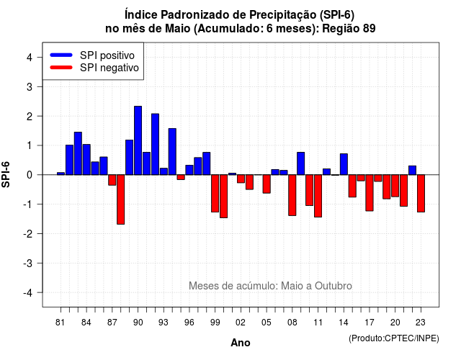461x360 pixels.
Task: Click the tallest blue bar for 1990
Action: tap(138, 140)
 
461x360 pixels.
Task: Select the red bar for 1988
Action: tap(120, 199)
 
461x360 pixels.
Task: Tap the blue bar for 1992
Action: tap(156, 144)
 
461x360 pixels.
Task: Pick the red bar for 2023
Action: tap(421, 194)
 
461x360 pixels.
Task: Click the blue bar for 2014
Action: tap(344, 164)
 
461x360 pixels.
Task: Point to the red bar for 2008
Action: tap(292, 195)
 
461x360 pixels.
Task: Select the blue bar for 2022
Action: tap(413, 171)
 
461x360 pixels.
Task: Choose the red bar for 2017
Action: tap(370, 193)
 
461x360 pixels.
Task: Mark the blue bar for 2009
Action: tap(301, 163)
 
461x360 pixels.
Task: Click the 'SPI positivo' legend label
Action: tap(107, 55)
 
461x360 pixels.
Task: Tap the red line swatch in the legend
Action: tap(61, 67)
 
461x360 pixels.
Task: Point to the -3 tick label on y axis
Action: tap(28, 263)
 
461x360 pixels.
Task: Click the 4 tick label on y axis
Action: tap(30, 58)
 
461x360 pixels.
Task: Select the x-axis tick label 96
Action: tap(189, 323)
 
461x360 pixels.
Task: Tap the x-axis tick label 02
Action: tap(241, 323)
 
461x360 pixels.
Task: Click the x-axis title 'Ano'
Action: tap(241, 343)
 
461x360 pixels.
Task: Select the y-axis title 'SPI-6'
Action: tap(6, 175)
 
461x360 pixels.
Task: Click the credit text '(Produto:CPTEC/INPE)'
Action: tap(394, 338)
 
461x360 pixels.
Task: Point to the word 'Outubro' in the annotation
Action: tap(333, 286)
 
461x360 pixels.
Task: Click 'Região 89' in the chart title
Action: tap(349, 29)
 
